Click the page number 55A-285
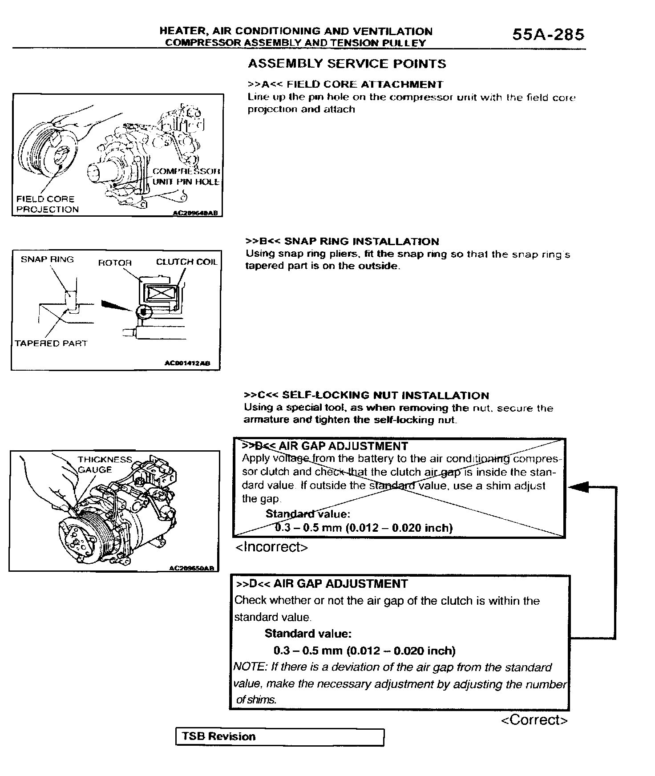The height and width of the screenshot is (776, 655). point(548,35)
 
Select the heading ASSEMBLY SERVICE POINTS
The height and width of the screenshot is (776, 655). point(347,64)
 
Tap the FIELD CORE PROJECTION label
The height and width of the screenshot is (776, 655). point(47,204)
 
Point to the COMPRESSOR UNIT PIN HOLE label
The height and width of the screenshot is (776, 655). point(186,177)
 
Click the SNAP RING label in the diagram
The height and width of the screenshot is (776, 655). point(47,259)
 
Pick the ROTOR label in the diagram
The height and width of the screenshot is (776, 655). point(115,263)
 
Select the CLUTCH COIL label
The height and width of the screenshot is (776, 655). point(186,262)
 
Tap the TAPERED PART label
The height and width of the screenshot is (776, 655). point(51,344)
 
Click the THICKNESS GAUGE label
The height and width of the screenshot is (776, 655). point(105,465)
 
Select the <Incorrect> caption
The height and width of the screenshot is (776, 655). point(271,547)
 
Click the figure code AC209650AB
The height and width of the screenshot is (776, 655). point(192,568)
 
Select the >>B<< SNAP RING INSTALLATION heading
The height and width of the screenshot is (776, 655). point(342,242)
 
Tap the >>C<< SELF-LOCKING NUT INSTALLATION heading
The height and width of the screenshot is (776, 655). point(366,396)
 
